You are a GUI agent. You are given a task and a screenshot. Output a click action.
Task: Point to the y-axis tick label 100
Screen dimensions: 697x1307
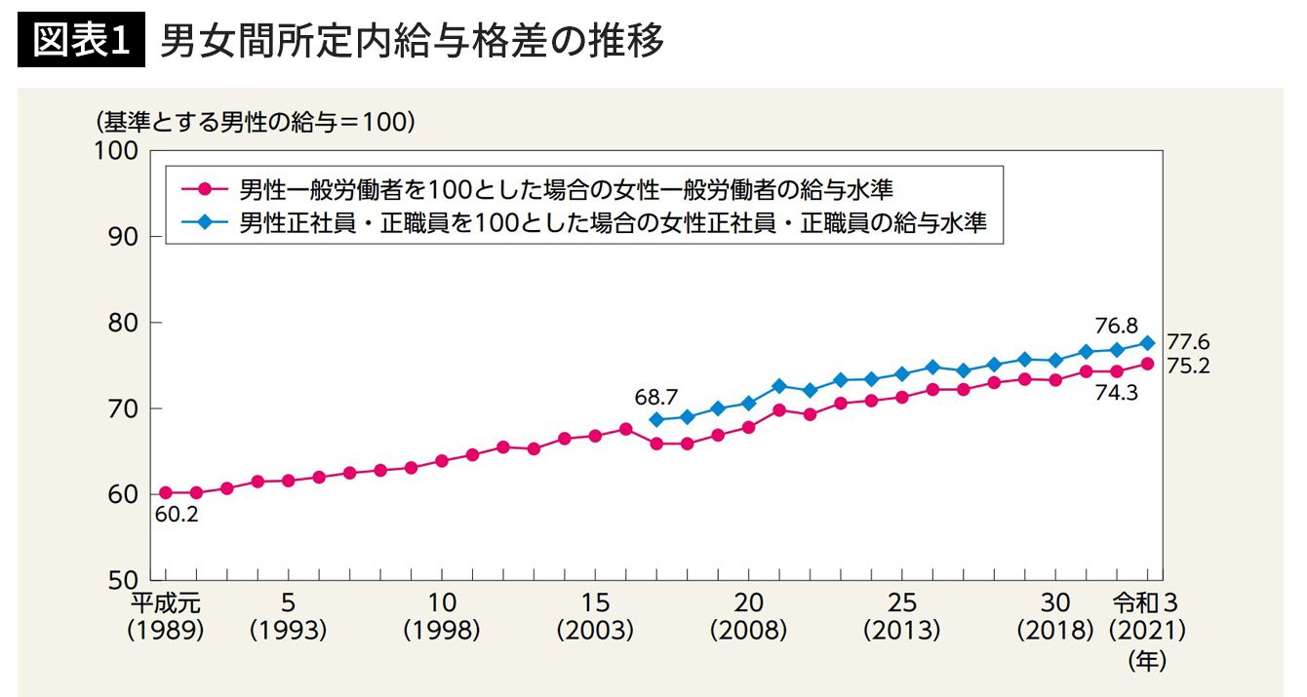(x=117, y=152)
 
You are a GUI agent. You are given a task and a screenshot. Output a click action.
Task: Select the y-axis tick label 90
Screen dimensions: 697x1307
(x=123, y=237)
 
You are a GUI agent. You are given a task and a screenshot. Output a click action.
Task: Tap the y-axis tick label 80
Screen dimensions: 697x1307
(x=123, y=323)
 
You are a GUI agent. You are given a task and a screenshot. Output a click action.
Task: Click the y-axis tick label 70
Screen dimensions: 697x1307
(x=123, y=408)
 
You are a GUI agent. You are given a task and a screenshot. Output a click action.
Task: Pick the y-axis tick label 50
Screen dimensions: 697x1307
(x=123, y=579)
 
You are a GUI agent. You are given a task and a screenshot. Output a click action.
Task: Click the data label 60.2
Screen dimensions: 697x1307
(x=177, y=515)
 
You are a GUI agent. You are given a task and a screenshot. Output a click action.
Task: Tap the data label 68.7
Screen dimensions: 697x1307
(x=654, y=396)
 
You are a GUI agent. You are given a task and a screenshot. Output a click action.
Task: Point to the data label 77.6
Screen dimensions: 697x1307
(x=1187, y=342)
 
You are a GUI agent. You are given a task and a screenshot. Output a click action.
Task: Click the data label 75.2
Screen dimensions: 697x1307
(x=1187, y=367)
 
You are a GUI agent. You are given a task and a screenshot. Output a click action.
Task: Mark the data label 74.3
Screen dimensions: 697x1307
(x=1114, y=392)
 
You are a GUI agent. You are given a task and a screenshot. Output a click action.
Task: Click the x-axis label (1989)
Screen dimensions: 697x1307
(x=165, y=631)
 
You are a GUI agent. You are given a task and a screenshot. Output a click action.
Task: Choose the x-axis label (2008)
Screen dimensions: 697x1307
(x=748, y=631)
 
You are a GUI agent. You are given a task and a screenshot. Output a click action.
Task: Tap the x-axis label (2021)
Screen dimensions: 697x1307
(x=1147, y=631)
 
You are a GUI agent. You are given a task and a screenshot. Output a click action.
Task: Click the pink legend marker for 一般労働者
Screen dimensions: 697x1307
(x=205, y=188)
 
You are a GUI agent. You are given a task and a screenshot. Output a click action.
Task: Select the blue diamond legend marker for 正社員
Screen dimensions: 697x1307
(x=205, y=223)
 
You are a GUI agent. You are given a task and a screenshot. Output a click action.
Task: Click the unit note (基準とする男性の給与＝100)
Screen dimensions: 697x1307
(x=257, y=123)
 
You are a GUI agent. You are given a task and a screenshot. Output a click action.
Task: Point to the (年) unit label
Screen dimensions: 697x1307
(x=1147, y=661)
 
